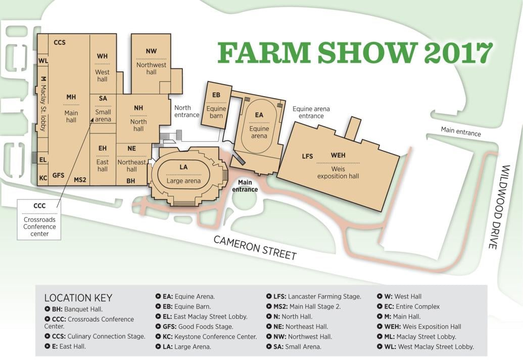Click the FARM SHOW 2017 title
(355, 53)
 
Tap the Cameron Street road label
(255, 247)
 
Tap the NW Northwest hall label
(151, 61)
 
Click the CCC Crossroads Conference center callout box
(39, 219)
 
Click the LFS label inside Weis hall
(307, 156)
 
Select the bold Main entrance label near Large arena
(245, 186)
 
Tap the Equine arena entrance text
(311, 112)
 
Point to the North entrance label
(186, 111)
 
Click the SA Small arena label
(103, 108)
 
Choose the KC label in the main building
(43, 178)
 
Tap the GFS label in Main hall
(59, 175)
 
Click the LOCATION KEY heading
(78, 298)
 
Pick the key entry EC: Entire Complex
(409, 306)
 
